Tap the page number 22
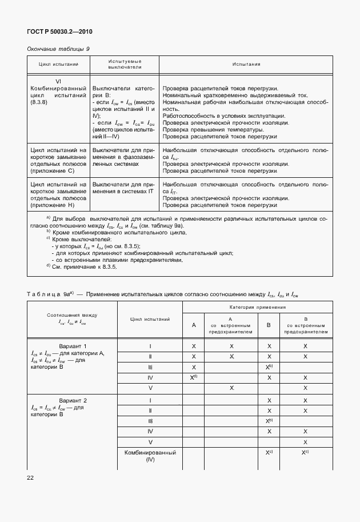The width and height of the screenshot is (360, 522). tap(31, 476)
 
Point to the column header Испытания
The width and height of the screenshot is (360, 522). tap(246, 64)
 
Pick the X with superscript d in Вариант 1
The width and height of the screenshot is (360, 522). tap(194, 377)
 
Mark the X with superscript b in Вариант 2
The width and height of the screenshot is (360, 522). tap(269, 421)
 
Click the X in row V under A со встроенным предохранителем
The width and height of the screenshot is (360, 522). tap(231, 388)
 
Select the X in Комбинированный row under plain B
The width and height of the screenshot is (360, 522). tap(269, 452)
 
